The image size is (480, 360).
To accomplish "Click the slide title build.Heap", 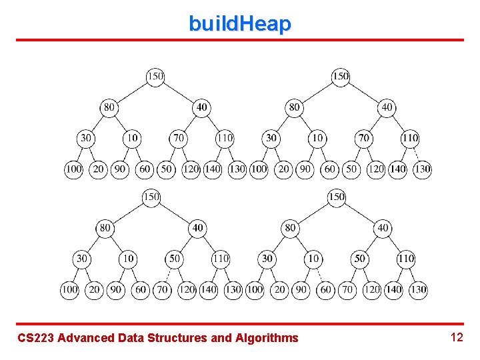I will pos(240,24).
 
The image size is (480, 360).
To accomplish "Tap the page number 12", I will pos(457,337).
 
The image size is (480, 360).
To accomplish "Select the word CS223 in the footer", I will pos(36,338).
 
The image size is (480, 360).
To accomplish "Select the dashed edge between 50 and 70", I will pos(169,274).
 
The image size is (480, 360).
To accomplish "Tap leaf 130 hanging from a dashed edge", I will pos(422,169).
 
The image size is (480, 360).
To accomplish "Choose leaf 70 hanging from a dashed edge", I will pos(163,290).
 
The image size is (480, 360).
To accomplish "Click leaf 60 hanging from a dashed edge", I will pos(325,290).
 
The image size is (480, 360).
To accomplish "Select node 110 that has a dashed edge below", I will pos(409,138).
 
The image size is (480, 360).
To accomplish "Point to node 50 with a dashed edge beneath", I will pos(174,258).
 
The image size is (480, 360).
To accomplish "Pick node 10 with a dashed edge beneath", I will pos(313,258).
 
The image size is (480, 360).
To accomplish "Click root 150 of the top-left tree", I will pos(155,76).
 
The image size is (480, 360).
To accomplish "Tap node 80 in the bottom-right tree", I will pos(290,227).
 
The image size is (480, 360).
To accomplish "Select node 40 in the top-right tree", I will pos(387,107).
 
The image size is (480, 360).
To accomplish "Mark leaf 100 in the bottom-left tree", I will pos(69,290).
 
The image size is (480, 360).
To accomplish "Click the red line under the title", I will pos(240,40).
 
